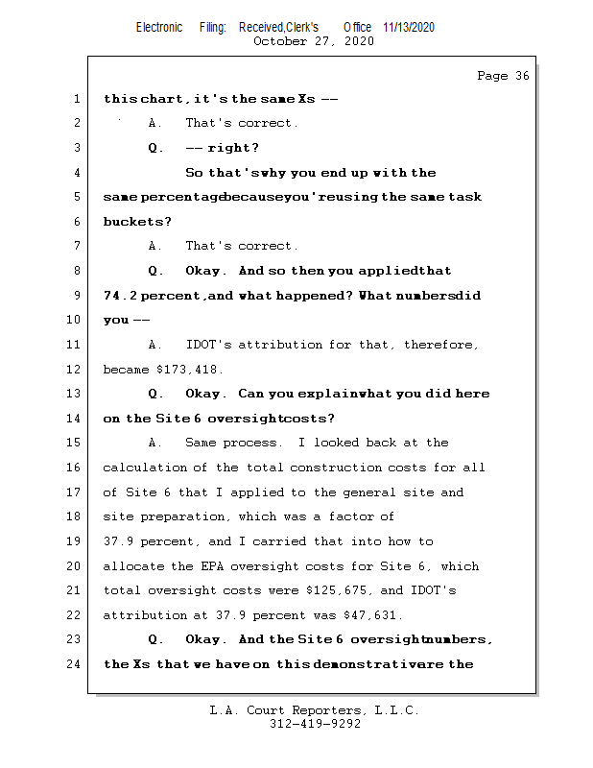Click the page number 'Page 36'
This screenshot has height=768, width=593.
click(x=503, y=76)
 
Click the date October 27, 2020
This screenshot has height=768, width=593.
click(x=314, y=41)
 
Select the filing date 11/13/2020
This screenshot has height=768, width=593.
click(x=408, y=27)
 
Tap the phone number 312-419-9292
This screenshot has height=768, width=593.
click(x=315, y=724)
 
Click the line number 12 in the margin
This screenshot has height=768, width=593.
click(x=75, y=369)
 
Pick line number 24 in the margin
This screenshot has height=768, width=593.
click(x=75, y=663)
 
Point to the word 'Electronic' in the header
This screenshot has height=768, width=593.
click(x=159, y=27)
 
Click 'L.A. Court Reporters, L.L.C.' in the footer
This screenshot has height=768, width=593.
click(x=315, y=710)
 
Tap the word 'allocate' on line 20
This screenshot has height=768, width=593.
click(x=133, y=565)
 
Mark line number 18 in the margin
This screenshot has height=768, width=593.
click(x=75, y=516)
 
